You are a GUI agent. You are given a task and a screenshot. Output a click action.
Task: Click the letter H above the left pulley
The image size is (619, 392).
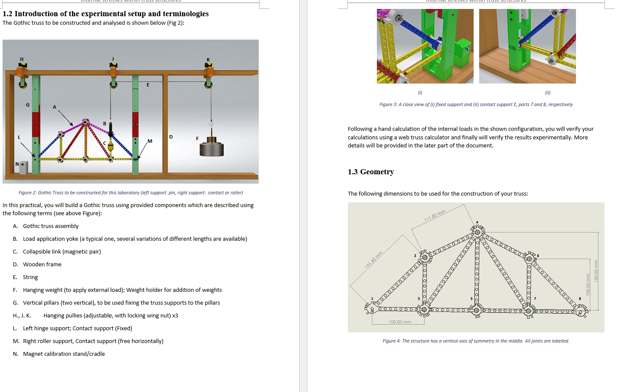coord(22,59)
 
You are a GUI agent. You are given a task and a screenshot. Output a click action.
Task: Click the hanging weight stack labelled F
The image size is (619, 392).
coord(211,147)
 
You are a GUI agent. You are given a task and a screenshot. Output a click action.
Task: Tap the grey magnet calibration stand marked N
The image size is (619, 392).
coord(23,167)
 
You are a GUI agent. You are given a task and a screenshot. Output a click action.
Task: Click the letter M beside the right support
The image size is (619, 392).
coord(150,141)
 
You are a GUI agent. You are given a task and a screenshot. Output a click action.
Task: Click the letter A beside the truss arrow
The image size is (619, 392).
coord(55,107)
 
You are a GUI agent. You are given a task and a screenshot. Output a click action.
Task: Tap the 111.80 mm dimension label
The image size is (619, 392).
coord(434,215)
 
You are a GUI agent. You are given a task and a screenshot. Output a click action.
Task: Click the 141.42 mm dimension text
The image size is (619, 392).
coord(373,259)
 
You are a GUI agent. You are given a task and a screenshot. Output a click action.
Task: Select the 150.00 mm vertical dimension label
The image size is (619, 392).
coord(596,271)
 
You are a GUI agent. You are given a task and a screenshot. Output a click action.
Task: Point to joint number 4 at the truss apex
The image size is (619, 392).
coord(477,222)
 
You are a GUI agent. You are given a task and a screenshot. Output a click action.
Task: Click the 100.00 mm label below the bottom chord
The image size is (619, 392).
coord(400,322)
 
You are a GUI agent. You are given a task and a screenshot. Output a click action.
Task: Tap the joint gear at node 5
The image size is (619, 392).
coord(477,310)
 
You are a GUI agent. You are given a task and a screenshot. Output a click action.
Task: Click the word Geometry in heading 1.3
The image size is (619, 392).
coord(377,172)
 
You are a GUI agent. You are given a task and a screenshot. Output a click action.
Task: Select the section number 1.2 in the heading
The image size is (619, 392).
coord(8,14)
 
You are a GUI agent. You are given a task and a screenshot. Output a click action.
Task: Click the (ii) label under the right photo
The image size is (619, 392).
coord(547,92)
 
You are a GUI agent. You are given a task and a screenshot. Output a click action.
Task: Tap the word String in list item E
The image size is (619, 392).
coord(30,277)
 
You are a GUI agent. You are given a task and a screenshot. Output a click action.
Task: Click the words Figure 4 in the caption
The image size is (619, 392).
coord(391,341)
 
